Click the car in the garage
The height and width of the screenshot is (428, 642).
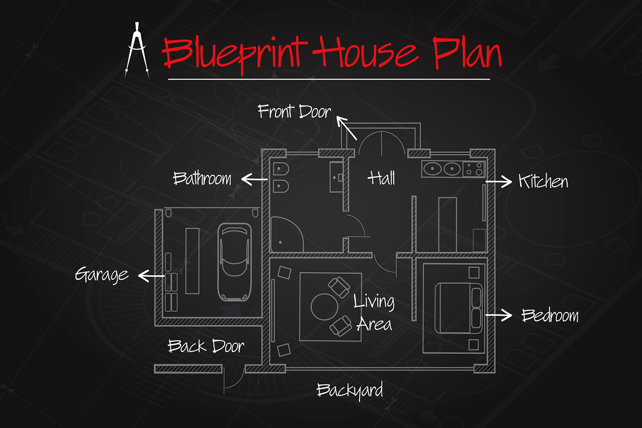coord(234,262)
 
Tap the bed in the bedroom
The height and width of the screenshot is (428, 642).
coord(458,308)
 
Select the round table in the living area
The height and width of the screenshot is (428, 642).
coord(324,307)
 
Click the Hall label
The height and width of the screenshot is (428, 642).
coord(381,178)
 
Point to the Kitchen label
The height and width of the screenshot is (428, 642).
coord(543,181)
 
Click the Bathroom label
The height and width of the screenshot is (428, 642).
coord(202,178)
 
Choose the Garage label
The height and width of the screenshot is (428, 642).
coord(102,274)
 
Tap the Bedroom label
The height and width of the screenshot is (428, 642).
coord(550,315)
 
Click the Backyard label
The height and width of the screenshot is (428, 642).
coord(350,391)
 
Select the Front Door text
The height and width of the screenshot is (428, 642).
coord(294,111)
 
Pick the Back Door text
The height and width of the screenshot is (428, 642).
coord(206,346)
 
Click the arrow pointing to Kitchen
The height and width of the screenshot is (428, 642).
coord(499,181)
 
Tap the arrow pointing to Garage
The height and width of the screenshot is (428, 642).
coord(151,276)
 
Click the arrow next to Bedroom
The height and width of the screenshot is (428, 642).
coord(499,315)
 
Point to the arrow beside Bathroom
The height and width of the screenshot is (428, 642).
coord(255,179)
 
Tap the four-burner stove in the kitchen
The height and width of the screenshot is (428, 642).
coord(474,169)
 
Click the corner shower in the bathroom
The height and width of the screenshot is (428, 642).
coord(287,234)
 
